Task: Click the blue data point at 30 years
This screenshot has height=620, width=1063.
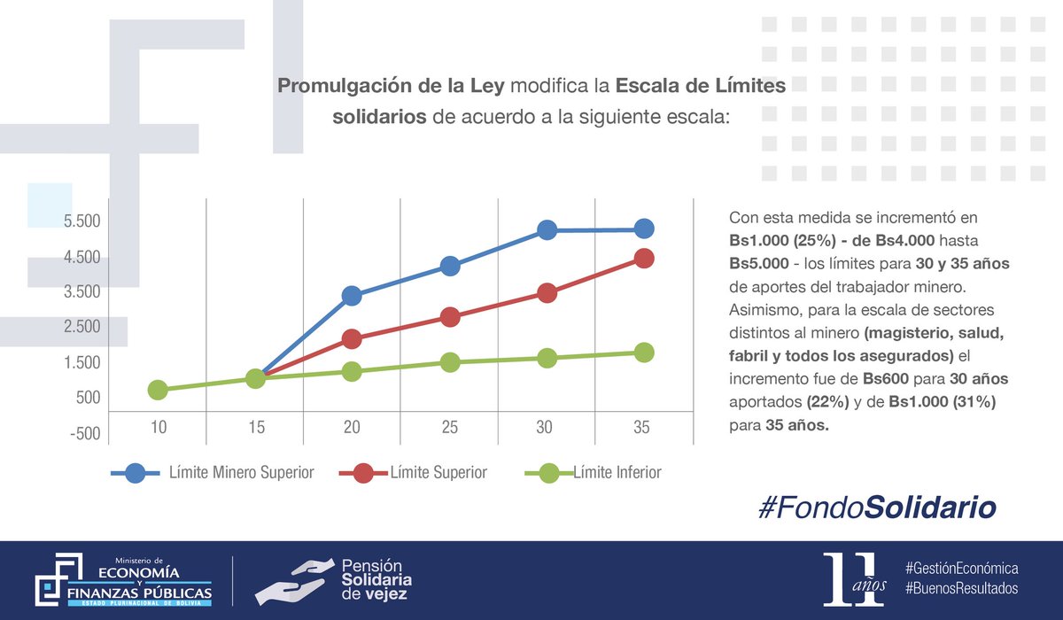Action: [x=547, y=230]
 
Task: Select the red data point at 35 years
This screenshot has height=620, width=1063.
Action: [x=644, y=258]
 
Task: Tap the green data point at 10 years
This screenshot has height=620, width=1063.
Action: [x=158, y=390]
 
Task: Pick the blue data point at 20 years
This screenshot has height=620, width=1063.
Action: [x=352, y=296]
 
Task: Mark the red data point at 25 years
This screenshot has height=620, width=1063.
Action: [x=450, y=317]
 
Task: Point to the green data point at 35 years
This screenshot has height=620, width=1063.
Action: [x=644, y=353]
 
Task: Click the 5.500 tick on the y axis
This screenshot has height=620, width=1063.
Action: [x=81, y=221]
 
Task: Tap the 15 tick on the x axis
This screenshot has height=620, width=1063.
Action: [x=255, y=428]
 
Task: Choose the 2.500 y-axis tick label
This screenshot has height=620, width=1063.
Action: [x=81, y=327]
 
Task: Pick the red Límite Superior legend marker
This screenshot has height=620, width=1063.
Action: [x=363, y=473]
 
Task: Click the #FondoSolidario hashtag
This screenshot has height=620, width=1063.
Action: [x=877, y=508]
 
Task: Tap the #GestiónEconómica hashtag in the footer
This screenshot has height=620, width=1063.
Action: [x=961, y=567]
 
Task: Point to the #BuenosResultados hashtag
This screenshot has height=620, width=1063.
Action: [x=961, y=588]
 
